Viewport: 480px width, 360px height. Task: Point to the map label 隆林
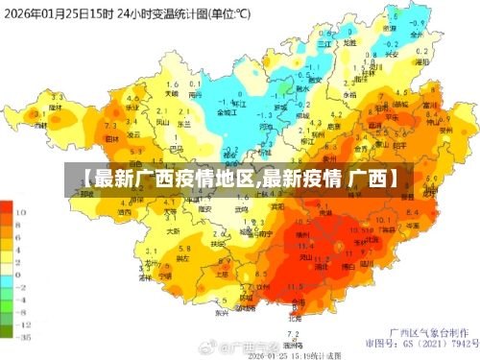(54, 108)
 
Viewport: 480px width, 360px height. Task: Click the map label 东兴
(221, 312)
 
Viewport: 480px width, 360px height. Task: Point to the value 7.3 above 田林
(110, 126)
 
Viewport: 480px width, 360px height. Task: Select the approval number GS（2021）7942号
(439, 342)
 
